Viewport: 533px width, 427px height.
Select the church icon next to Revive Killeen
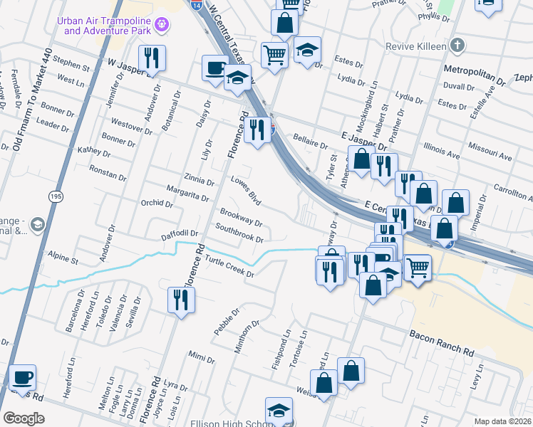[x=457, y=46]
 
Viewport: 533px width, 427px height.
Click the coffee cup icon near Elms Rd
[x=22, y=377]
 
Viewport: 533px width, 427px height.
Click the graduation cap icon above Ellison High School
[x=278, y=409]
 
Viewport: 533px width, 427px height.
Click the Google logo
[x=24, y=418]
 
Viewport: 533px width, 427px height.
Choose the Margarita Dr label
[x=187, y=194]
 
